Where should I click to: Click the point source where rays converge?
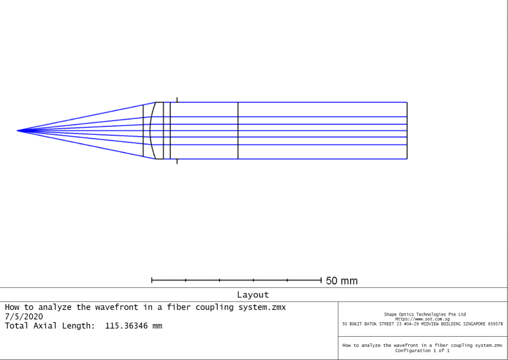pyautogui.click(x=18, y=131)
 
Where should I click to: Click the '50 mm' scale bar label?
pyautogui.click(x=341, y=281)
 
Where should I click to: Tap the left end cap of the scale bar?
pyautogui.click(x=152, y=280)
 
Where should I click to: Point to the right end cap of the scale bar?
pyautogui.click(x=321, y=280)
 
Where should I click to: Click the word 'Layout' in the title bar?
pyautogui.click(x=253, y=295)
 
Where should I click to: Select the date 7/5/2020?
pyautogui.click(x=24, y=316)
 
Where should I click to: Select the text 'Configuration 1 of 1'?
pyautogui.click(x=422, y=350)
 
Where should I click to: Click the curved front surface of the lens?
pyautogui.click(x=150, y=131)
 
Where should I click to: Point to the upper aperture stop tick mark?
pyautogui.click(x=177, y=100)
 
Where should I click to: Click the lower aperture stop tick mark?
pyautogui.click(x=177, y=161)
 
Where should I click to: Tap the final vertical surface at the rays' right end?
pyautogui.click(x=407, y=131)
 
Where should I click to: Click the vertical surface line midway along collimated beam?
pyautogui.click(x=238, y=131)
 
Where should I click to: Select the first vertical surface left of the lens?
pyautogui.click(x=143, y=131)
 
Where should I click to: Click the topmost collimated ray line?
pyautogui.click(x=308, y=102)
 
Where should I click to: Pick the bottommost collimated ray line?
pyautogui.click(x=308, y=159)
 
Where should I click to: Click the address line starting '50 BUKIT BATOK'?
pyautogui.click(x=422, y=324)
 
